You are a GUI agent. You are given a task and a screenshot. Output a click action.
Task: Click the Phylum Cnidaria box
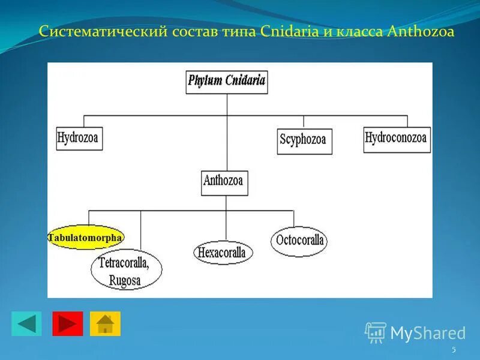tap(226, 82)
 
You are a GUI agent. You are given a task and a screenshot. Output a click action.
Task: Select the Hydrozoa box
tap(79, 138)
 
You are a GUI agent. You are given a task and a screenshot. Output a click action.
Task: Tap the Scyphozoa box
tap(304, 141)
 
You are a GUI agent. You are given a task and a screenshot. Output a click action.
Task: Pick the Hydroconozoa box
tap(397, 139)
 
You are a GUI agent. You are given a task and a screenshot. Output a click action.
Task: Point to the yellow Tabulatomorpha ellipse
tap(85, 238)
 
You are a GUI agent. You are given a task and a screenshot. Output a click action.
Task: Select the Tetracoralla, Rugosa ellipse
tap(126, 271)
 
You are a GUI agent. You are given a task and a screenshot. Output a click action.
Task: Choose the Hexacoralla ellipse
tap(223, 252)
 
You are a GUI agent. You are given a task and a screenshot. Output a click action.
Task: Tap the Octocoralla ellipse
tap(299, 241)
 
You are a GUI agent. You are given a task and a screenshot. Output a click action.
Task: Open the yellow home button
tap(105, 323)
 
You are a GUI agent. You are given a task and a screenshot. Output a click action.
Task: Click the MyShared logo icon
tap(376, 332)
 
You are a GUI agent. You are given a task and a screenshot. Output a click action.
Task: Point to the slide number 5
tap(454, 350)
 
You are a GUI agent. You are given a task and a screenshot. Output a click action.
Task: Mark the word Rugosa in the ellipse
tap(125, 280)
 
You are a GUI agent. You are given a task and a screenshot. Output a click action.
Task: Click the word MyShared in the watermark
tap(428, 333)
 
